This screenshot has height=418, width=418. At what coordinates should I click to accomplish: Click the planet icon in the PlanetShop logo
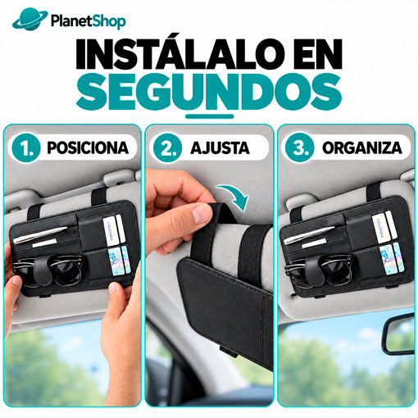[30, 19]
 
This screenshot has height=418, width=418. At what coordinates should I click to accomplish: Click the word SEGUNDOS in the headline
[209, 92]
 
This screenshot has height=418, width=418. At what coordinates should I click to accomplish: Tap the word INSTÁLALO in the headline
[175, 54]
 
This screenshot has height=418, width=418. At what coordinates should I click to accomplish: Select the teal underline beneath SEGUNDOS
[210, 116]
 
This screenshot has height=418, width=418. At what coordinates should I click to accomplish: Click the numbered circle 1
[26, 148]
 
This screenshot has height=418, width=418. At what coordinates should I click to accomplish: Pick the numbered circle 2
[167, 148]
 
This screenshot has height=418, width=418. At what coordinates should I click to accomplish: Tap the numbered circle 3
[300, 148]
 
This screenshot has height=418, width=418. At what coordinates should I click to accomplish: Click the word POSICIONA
[88, 148]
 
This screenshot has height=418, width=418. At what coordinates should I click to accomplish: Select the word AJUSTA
[220, 148]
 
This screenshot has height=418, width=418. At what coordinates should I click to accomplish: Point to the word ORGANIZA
[362, 148]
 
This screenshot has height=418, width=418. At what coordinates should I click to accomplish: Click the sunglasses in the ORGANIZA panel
[318, 273]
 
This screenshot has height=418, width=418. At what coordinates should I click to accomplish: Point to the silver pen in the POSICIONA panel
[39, 234]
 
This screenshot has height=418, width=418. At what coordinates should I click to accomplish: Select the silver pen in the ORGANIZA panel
[309, 235]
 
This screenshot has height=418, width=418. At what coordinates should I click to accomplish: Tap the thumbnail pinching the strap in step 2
[202, 214]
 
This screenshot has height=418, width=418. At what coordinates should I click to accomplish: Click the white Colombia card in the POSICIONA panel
[111, 230]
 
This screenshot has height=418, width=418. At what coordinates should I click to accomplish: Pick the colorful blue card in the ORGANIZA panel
[386, 260]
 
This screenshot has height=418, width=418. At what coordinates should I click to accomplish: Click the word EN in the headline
[318, 54]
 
